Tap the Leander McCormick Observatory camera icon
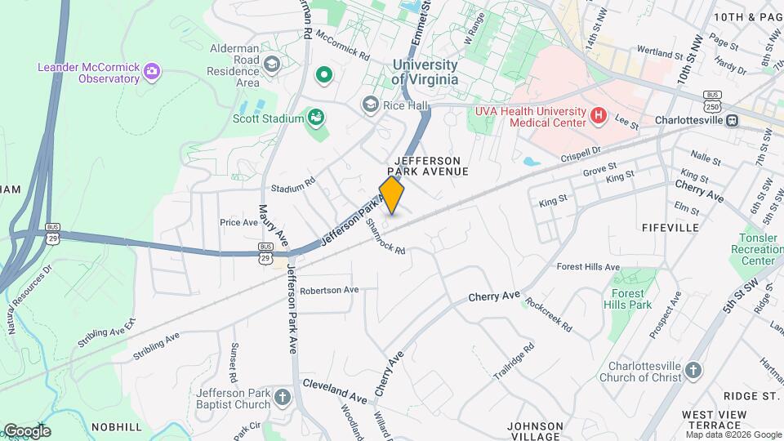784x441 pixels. (x=151, y=73)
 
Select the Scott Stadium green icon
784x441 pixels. (x=315, y=118)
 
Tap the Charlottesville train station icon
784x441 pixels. (x=733, y=119)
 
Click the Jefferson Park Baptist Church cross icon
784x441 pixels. (x=282, y=399)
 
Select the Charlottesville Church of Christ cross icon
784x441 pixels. (x=692, y=372)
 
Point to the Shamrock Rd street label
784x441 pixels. (x=385, y=237)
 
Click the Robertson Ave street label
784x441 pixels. (x=329, y=290)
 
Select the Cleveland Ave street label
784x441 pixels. (x=335, y=390)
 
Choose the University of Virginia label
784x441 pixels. (x=425, y=72)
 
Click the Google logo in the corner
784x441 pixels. (x=27, y=430)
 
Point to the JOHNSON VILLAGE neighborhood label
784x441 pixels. (x=535, y=431)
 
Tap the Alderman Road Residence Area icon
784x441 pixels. (x=272, y=63)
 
